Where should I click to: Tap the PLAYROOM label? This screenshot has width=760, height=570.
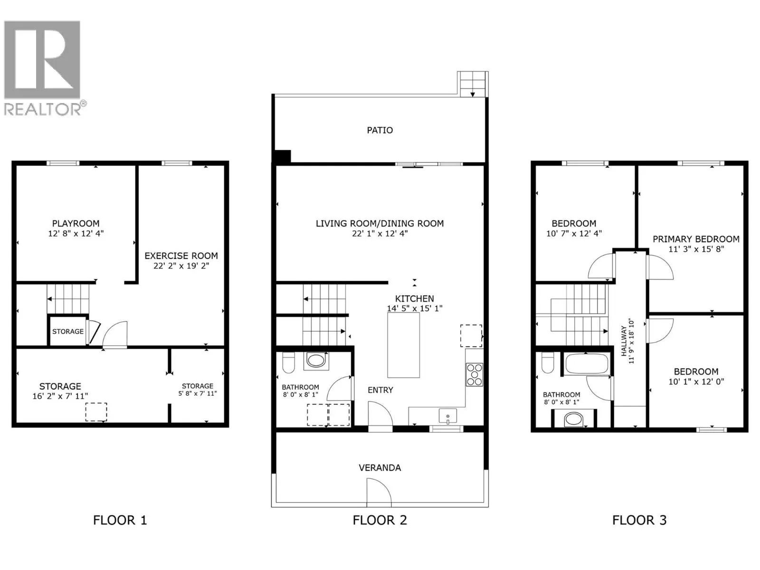pos(76,223)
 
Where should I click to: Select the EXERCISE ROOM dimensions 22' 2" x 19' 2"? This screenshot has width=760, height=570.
pos(181,266)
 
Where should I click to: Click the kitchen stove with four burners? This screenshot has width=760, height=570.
pos(474,374)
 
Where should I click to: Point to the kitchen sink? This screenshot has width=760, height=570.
pos(447,416)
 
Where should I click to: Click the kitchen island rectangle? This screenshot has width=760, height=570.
pos(404,345)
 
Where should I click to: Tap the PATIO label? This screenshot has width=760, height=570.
pos(380,130)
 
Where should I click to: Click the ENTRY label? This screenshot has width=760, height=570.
pos(380,390)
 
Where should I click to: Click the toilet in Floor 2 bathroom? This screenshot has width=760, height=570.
pos(288,363)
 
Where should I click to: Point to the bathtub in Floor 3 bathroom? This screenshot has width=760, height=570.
pos(587,364)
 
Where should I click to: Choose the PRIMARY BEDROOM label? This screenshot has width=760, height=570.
pos(695,239)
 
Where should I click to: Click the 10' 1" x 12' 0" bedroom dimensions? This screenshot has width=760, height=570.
pos(696,382)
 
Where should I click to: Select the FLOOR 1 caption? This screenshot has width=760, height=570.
pos(120,520)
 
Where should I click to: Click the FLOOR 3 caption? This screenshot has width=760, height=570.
pos(639,520)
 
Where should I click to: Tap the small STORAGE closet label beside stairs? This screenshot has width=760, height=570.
pos(68,332)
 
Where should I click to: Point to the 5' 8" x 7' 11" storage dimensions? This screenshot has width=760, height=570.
pos(197,393)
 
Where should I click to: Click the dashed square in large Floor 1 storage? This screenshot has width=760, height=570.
pos(96,411)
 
